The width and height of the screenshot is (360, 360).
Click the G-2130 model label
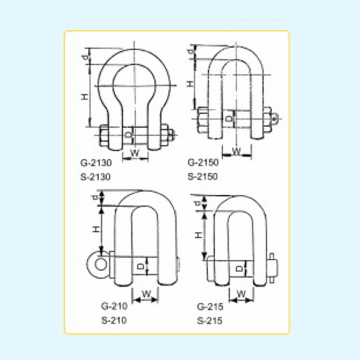pos(96,163)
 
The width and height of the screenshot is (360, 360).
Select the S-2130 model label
pos(95,177)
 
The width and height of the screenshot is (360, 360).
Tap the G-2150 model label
pos(203,162)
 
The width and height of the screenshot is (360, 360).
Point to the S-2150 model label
pos(202,176)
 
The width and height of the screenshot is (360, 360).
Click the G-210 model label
pos(114,306)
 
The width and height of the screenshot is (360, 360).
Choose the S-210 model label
pos(114,320)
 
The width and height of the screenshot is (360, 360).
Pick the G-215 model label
pos(210,307)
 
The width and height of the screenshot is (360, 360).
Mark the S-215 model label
pos(210,321)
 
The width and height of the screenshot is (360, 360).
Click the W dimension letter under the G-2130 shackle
pos(135,153)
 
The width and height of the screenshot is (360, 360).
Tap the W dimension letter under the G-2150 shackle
pos(237,151)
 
